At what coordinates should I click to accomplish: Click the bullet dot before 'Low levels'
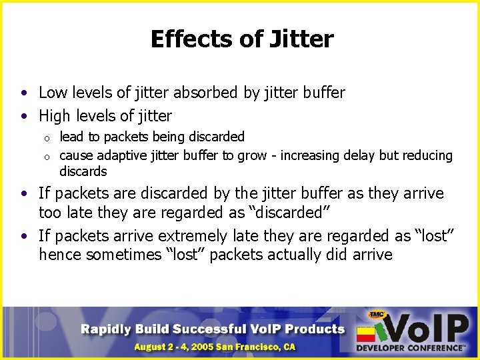pyautogui.click(x=23, y=93)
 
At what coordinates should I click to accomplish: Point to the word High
pyautogui.click(x=55, y=116)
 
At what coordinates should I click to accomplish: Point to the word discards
pyautogui.click(x=83, y=171)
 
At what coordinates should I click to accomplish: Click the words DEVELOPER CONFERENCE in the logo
pyautogui.click(x=410, y=347)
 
